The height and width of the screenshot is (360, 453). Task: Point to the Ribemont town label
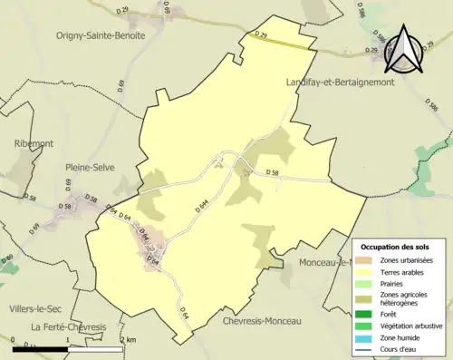[35, 143]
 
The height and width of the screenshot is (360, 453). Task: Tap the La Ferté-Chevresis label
[68, 326]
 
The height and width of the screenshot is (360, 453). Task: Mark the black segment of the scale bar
[42, 348]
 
